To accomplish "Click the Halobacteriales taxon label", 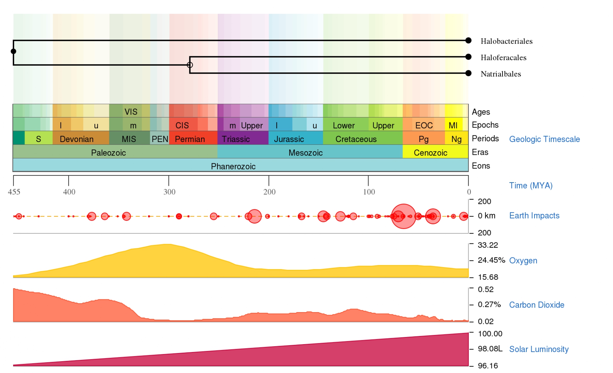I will (506, 41).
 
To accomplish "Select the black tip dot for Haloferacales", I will (468, 57).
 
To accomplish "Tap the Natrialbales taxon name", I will (501, 74).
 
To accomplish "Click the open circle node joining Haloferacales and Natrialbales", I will (190, 65).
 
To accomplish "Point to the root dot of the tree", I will (13, 51).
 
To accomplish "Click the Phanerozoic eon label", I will (233, 166).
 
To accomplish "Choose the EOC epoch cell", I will (424, 125).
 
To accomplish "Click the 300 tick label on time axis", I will (169, 192).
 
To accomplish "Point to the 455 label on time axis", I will (14, 192).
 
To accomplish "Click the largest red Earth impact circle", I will (403, 216).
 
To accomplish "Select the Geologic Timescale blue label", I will (544, 139).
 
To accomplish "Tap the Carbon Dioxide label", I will (536, 305).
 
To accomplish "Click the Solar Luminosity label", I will (538, 349).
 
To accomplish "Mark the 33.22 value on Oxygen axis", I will (487, 245).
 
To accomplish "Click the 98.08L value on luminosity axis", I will (490, 349).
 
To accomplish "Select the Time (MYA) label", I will (531, 186).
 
